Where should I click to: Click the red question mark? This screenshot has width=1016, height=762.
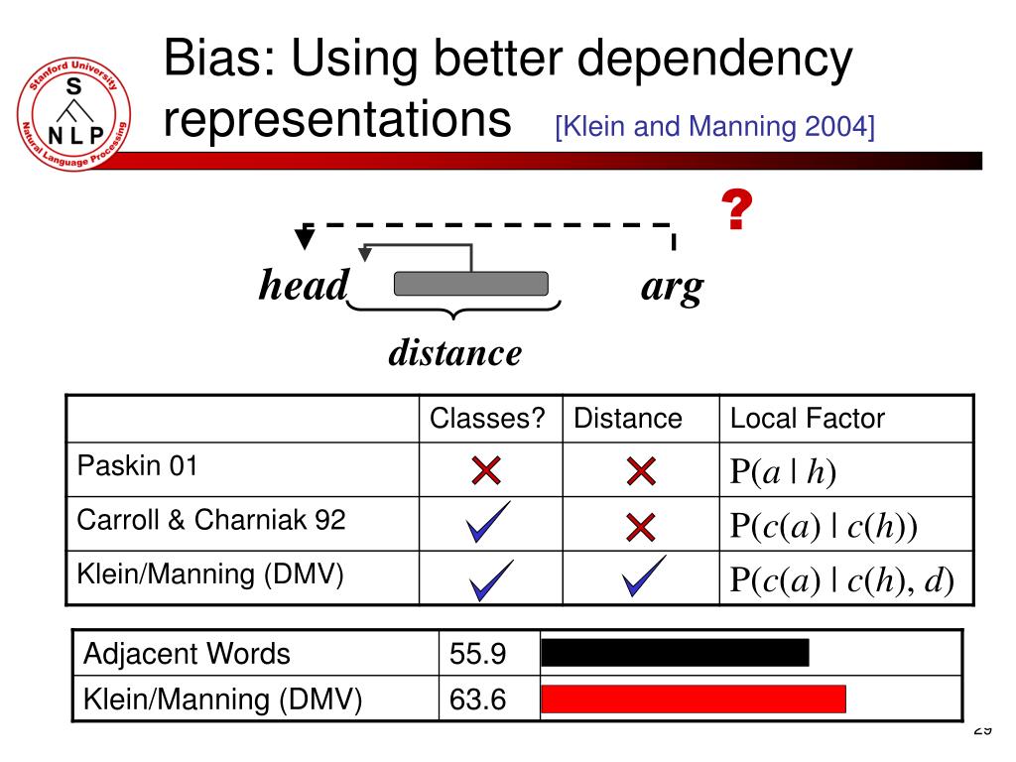734,211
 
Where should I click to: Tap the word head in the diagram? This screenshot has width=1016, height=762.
304,287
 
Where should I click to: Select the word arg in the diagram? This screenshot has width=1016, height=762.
672,287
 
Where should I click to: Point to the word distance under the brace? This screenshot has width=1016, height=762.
454,352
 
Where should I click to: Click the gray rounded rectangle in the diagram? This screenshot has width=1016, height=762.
471,284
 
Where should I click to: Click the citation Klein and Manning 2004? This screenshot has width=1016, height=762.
714,127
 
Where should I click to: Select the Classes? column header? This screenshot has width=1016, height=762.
488,419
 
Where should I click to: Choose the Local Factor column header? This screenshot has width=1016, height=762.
807,419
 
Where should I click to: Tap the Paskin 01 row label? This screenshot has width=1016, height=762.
138,466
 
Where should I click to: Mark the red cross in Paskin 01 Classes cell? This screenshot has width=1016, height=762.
486,472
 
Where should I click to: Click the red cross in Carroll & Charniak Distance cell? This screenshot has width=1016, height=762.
642,526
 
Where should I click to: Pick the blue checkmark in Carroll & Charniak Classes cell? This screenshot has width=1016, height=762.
488,523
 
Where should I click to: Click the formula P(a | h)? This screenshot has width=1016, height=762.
784,473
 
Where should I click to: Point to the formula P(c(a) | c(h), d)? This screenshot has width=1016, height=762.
842,580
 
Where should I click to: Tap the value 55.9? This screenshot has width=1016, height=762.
478,655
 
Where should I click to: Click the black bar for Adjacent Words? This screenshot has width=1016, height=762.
676,653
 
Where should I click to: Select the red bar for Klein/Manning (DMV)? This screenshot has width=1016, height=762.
694,699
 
